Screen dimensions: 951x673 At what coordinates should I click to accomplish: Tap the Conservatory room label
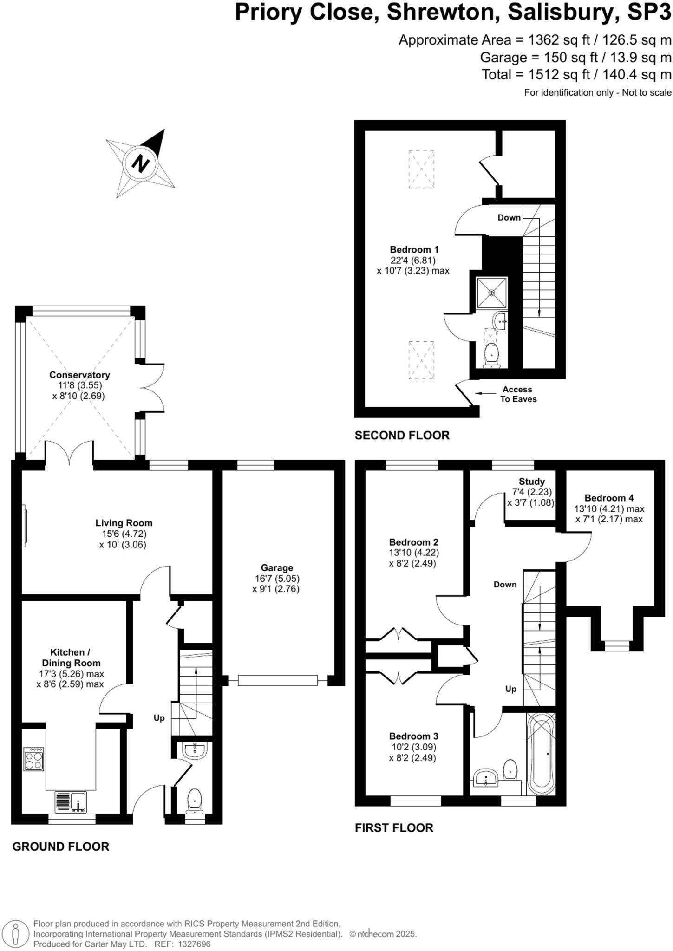pos(79,375)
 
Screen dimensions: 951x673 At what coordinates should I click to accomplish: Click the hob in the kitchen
pos(33,759)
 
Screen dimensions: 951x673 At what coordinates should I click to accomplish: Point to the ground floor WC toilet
pos(194,800)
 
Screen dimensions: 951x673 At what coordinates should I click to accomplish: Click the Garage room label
pos(277,567)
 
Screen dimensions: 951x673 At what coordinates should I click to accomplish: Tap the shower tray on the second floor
pos(491,293)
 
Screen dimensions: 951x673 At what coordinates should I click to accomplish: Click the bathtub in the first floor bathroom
pos(541,754)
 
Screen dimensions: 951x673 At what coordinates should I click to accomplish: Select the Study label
pos(532,482)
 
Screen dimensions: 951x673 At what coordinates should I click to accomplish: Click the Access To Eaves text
pos(518,394)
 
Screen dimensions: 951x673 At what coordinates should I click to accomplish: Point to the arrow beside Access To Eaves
pos(484,393)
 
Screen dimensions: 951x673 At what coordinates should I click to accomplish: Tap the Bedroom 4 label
pos(609,498)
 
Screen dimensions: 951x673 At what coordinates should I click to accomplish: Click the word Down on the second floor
pos(509,217)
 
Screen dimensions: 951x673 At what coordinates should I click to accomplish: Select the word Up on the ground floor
pos(159,718)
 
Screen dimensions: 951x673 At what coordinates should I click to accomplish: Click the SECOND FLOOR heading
pos(402,435)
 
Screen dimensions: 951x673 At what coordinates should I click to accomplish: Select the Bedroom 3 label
pos(413,736)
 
